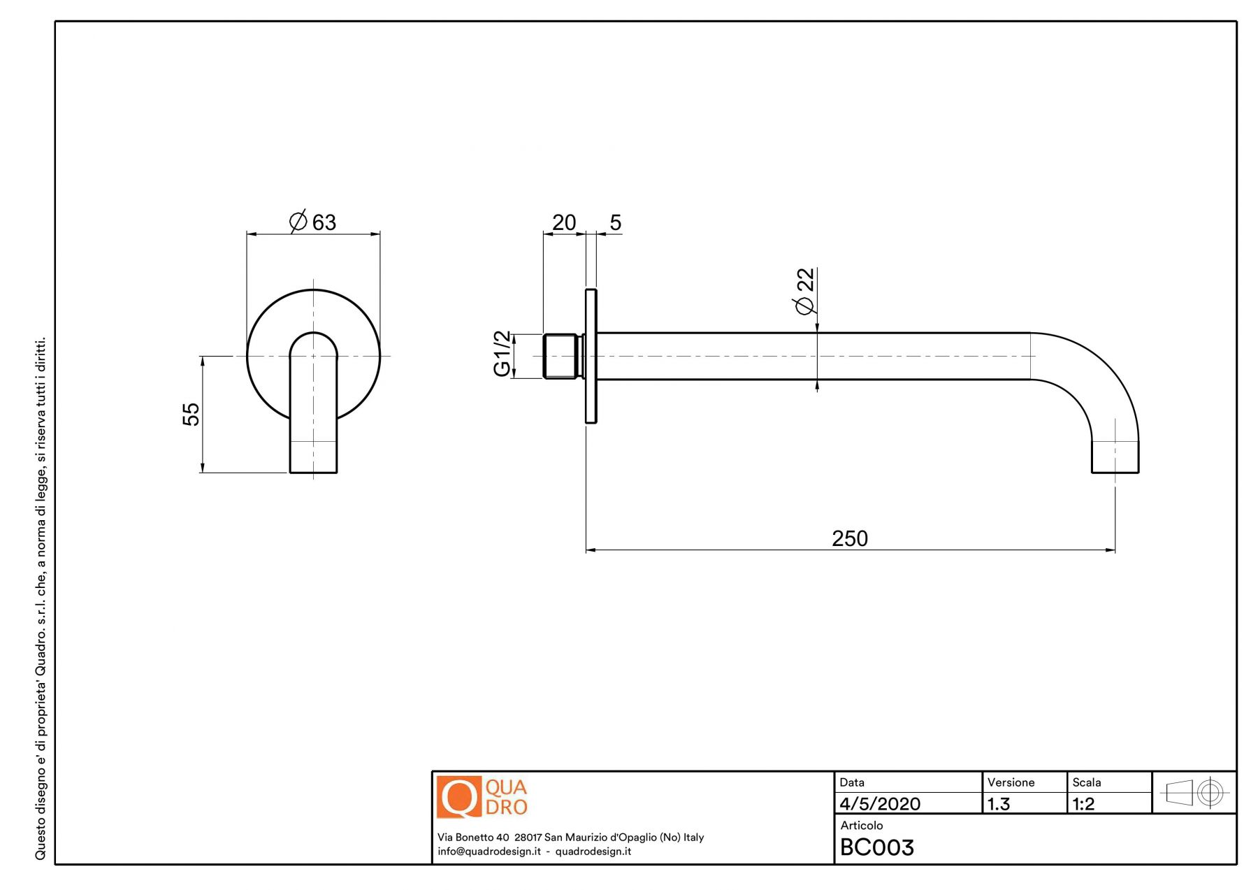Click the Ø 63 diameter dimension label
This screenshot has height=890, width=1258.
tap(312, 222)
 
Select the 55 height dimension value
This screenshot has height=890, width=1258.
tap(191, 414)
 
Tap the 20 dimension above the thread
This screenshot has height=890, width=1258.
tap(564, 222)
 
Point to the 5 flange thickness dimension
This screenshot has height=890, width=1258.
tap(615, 222)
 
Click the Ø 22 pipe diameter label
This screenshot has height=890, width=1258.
tap(805, 292)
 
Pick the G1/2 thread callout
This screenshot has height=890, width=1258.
tap(502, 354)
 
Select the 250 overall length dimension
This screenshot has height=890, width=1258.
tap(850, 538)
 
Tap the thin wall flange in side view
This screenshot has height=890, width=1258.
tap(591, 356)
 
